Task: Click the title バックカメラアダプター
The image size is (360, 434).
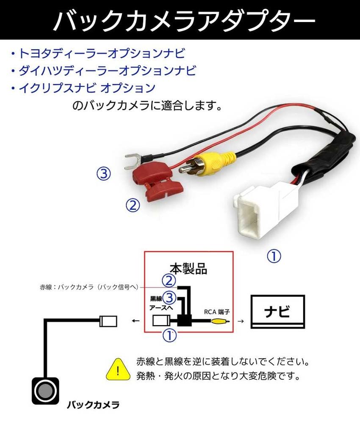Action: tap(180, 20)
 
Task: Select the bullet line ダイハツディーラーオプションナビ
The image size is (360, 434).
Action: tap(104, 70)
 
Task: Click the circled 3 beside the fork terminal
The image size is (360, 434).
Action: tap(103, 174)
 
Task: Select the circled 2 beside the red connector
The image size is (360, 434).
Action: tap(133, 206)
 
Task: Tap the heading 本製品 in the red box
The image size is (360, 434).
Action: tap(188, 268)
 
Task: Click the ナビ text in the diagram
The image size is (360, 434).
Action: tap(277, 312)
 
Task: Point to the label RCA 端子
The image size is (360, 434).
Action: tap(216, 312)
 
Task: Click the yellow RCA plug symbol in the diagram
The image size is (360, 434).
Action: tap(222, 322)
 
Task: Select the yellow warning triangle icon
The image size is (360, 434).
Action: tap(117, 369)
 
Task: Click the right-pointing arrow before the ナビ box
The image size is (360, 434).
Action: tap(240, 322)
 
